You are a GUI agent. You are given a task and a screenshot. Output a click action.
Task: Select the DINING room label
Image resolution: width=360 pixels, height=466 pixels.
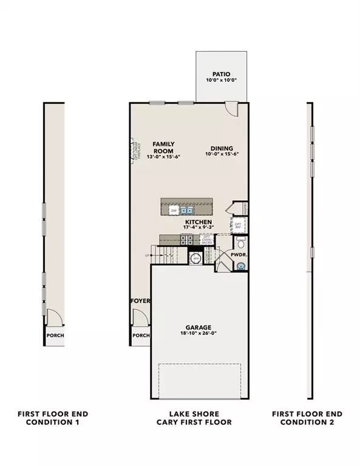222,148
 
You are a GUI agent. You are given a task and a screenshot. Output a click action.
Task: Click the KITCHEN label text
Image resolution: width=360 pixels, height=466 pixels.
199,223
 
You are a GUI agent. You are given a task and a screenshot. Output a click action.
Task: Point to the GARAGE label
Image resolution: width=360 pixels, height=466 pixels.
199,327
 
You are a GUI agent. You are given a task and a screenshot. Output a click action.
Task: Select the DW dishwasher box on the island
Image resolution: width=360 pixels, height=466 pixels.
174,210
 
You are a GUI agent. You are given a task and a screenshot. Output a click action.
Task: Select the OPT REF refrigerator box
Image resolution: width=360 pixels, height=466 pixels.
238,225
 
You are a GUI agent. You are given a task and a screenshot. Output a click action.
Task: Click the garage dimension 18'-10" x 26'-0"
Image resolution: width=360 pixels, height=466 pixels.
199,334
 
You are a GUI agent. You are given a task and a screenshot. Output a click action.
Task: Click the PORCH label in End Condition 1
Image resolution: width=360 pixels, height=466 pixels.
55,335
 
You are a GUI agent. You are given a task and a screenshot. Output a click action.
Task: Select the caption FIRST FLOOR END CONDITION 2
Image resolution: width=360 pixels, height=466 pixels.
307,418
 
